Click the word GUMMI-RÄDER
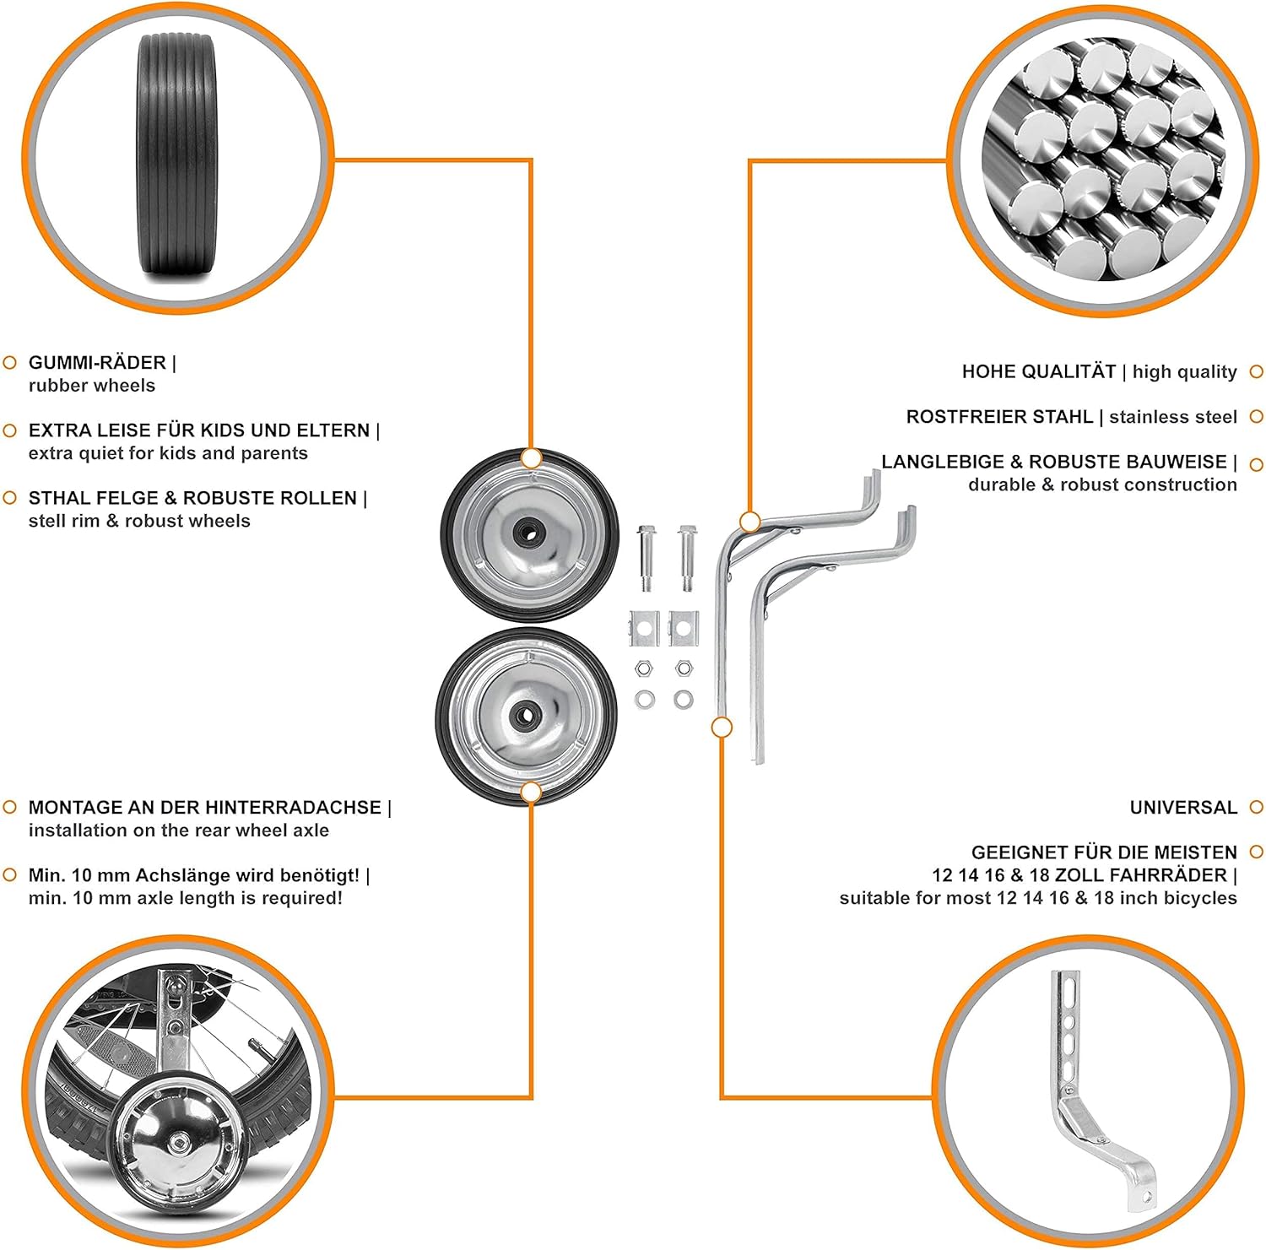coord(97,363)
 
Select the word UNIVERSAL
coord(1183,808)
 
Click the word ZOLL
coord(1079,875)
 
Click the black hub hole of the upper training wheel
coord(529,533)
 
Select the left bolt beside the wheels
coord(646,558)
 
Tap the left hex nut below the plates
coord(644,669)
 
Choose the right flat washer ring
coord(684,699)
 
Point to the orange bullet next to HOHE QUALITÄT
coord(1256,372)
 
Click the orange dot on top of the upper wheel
coord(531,458)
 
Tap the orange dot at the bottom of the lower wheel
coord(531,792)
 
